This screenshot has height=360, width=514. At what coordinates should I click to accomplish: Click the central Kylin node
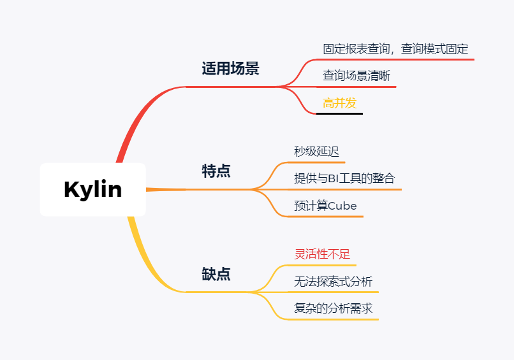click(x=92, y=189)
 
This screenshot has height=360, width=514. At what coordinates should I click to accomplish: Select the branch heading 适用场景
click(x=230, y=69)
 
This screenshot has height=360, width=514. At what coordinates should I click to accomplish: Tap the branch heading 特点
click(x=216, y=171)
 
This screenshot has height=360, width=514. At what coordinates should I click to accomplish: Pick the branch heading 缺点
click(x=216, y=274)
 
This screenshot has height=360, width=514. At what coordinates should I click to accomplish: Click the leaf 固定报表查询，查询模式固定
click(x=395, y=49)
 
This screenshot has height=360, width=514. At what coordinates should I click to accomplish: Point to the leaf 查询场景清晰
click(x=356, y=76)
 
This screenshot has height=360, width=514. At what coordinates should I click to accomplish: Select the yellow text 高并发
click(x=339, y=103)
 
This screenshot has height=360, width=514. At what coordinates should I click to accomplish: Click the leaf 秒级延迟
click(x=316, y=151)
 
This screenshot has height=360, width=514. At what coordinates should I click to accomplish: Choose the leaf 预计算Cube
click(x=325, y=206)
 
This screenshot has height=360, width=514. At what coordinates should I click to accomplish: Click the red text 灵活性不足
click(x=322, y=254)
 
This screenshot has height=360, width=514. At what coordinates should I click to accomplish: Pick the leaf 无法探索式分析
click(x=333, y=281)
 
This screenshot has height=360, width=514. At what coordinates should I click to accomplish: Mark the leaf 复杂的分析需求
click(x=333, y=308)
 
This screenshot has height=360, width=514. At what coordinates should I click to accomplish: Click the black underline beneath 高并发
click(x=339, y=113)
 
